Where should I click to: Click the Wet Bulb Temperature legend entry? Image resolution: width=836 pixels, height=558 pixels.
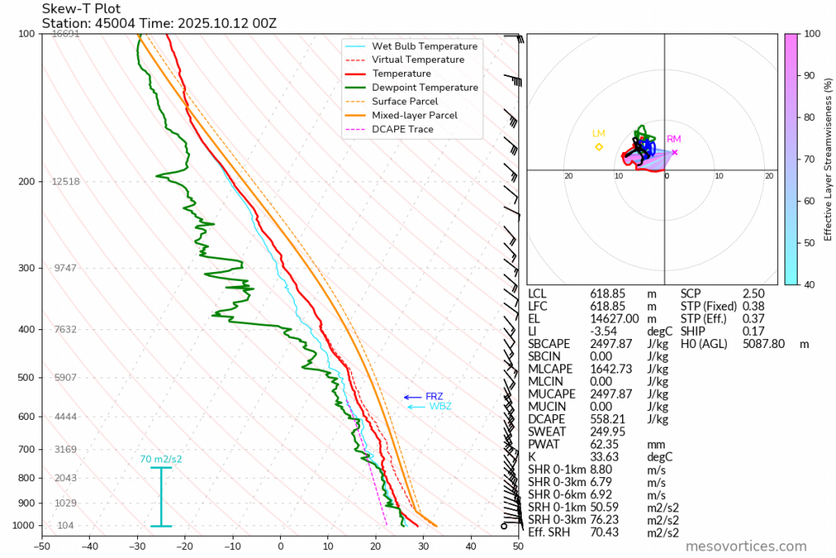click(x=425, y=46)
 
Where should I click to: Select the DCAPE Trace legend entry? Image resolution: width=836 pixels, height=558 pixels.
click(x=402, y=129)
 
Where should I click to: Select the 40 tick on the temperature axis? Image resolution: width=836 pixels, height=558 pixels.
click(x=471, y=546)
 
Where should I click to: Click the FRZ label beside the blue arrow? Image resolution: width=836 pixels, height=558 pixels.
click(x=434, y=396)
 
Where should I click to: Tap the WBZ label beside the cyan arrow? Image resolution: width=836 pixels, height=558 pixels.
click(x=440, y=406)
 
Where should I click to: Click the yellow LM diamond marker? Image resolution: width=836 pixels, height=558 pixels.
click(x=599, y=147)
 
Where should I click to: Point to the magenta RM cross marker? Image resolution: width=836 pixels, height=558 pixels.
click(x=674, y=152)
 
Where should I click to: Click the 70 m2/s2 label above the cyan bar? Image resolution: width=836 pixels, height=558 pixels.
click(x=161, y=459)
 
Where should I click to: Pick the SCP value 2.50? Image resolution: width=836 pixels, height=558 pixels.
click(x=754, y=292)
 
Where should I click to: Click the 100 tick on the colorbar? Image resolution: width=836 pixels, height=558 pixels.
click(x=812, y=33)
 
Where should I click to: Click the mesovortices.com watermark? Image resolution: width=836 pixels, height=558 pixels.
click(x=745, y=547)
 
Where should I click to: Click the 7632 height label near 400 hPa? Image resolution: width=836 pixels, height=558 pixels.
click(x=65, y=329)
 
